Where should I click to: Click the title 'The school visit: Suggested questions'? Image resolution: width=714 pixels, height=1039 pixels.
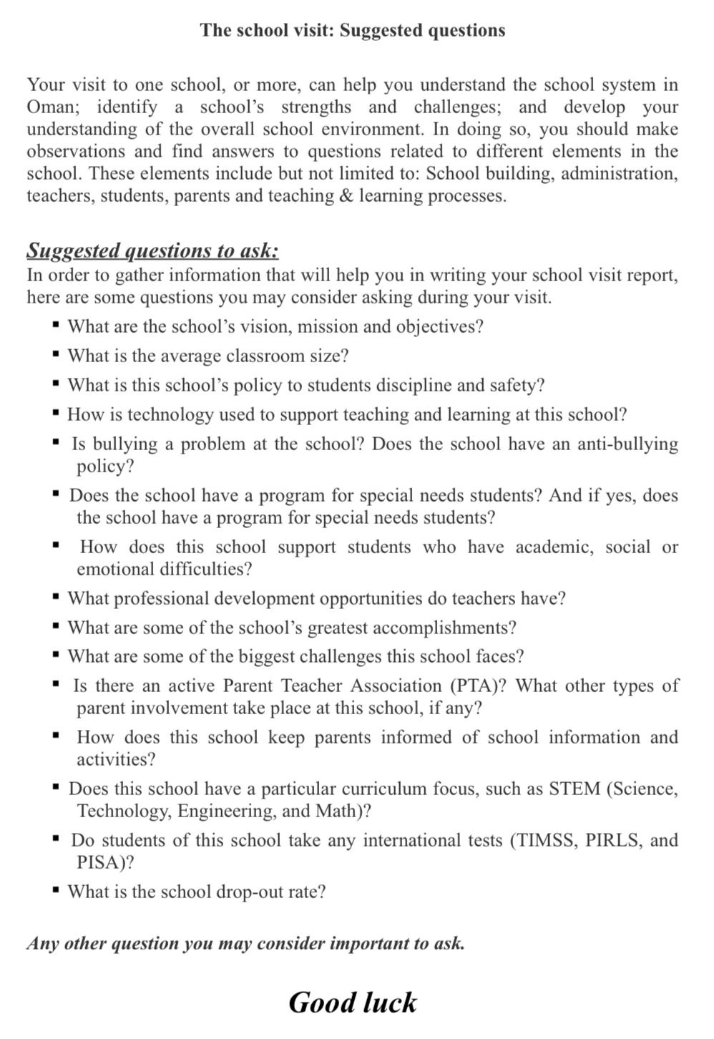coord(352,30)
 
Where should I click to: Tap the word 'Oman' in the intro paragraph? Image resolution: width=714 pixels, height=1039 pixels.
coord(50,107)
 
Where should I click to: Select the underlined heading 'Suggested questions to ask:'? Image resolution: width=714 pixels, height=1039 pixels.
coord(152,250)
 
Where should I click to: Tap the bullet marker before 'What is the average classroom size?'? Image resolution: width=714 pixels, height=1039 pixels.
coord(56,356)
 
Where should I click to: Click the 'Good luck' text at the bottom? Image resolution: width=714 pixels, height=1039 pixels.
coord(352,1003)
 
